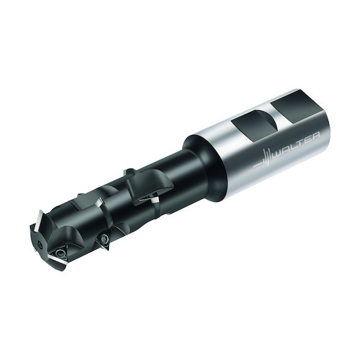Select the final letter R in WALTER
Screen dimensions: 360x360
click(x=315, y=137)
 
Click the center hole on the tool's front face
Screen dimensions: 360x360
click(x=41, y=245)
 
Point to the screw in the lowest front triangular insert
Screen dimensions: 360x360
click(x=61, y=253)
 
